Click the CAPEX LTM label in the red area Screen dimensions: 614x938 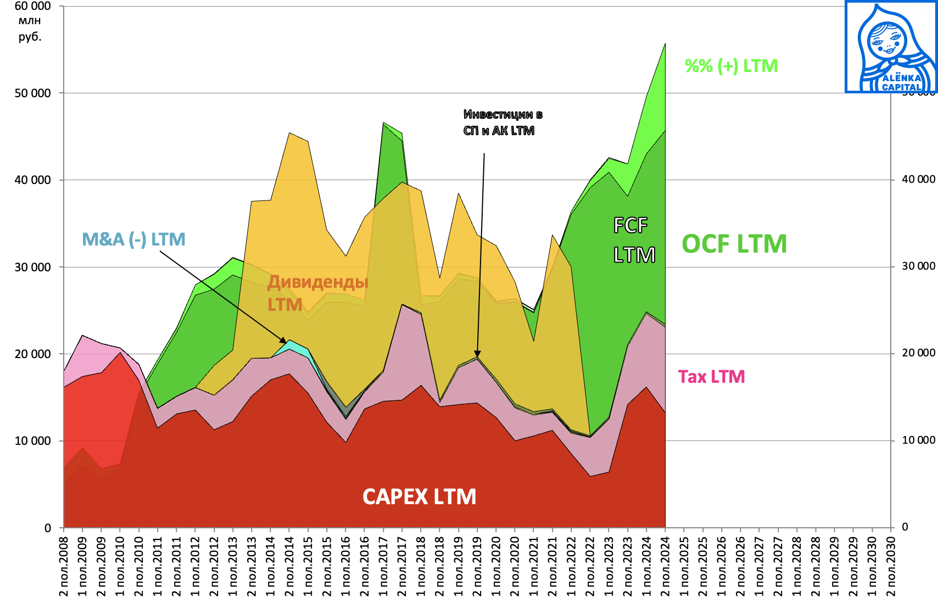coord(419,497)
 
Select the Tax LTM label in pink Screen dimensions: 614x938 coord(711,377)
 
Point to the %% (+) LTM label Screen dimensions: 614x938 coord(731,66)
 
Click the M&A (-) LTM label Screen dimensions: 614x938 coord(133,239)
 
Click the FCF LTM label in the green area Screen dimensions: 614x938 coord(633,240)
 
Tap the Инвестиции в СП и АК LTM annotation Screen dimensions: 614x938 coord(503,122)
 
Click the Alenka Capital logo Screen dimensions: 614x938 coord(890,47)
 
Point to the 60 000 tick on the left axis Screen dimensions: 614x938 coord(32,6)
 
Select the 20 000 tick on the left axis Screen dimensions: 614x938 coord(32,354)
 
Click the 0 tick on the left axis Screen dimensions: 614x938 coord(48,528)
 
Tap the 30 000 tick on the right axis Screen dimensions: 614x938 coord(918,266)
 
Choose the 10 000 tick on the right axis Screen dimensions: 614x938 coord(918,440)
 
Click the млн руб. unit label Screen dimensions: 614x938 coord(30,29)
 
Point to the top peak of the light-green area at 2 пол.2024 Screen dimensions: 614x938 coord(665,43)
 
